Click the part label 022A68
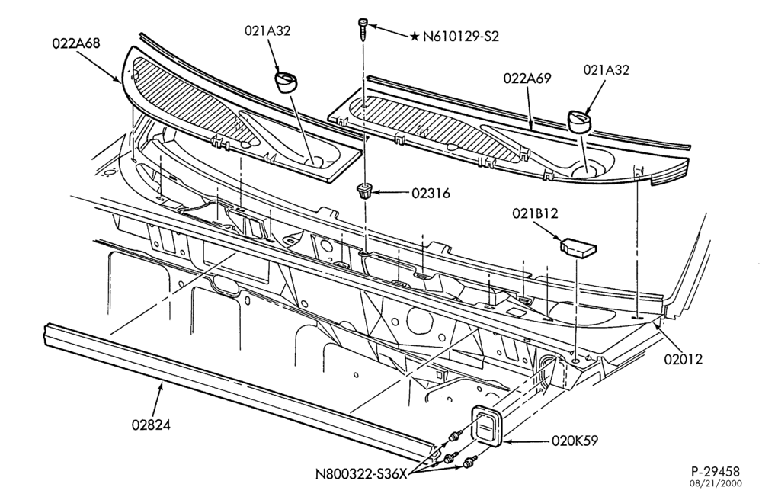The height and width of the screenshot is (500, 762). [75, 43]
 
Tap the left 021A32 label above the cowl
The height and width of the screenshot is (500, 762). [267, 31]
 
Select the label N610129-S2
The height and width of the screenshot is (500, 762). [461, 37]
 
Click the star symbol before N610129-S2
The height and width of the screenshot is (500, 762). [415, 37]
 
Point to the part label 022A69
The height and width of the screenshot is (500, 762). [527, 79]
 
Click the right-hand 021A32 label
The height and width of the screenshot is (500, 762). [606, 70]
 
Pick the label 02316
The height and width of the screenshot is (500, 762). [431, 194]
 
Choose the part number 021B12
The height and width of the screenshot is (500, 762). [535, 213]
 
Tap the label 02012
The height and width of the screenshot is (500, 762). [684, 360]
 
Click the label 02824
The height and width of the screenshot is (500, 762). [151, 425]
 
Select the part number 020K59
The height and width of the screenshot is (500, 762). [575, 441]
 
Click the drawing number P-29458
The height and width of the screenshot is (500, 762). [716, 471]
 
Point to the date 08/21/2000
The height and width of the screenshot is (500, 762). [716, 484]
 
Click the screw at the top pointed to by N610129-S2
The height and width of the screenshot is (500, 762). [363, 30]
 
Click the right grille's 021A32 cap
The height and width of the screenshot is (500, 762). [579, 120]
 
